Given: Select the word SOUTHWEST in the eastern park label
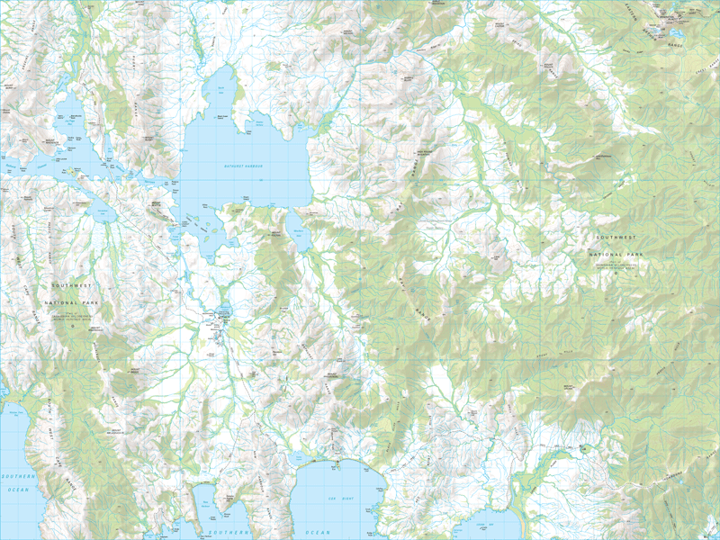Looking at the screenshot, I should pyautogui.click(x=617, y=236).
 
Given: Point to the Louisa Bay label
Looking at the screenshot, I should pyautogui.click(x=486, y=522).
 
